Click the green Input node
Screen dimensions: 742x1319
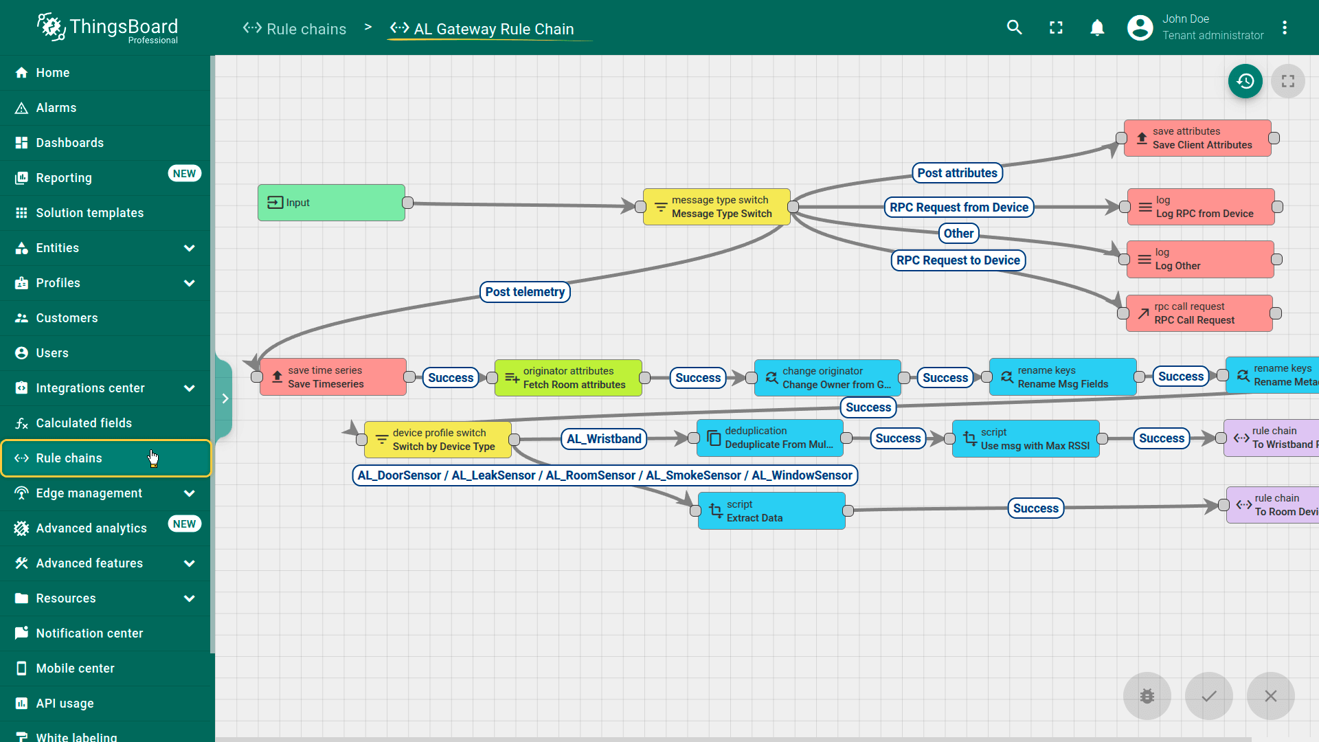point(331,203)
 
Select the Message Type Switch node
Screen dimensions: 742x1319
point(717,207)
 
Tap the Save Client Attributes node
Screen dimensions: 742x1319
point(1197,138)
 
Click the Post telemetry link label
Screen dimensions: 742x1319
point(525,292)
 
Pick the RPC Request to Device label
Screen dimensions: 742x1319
point(958,260)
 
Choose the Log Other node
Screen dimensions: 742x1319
point(1200,259)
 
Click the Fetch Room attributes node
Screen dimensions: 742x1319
point(568,378)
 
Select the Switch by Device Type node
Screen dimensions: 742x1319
point(438,440)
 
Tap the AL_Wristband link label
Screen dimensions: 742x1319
point(604,439)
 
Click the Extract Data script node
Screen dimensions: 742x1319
point(771,511)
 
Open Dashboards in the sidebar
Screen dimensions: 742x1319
point(69,143)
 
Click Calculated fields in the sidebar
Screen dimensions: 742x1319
point(84,423)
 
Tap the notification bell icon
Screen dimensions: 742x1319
point(1097,27)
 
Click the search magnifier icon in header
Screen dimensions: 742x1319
point(1014,27)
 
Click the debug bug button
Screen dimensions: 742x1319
point(1147,696)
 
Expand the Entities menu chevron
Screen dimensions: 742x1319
point(190,248)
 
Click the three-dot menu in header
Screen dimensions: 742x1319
point(1284,27)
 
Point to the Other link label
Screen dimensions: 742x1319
point(958,234)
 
